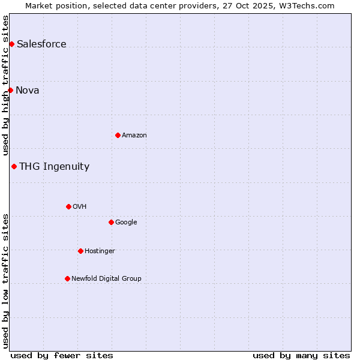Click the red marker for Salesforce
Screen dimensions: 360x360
click(x=11, y=44)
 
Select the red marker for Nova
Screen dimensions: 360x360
click(x=10, y=90)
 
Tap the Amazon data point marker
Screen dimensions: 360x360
click(x=118, y=135)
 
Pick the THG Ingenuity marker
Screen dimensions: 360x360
click(x=14, y=166)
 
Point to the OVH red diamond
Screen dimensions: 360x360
click(x=68, y=206)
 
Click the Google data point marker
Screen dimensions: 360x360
click(x=111, y=222)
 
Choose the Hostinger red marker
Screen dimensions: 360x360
click(x=80, y=251)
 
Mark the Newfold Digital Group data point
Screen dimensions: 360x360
click(x=67, y=278)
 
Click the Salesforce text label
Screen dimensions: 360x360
click(x=41, y=44)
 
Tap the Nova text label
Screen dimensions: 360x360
click(x=28, y=90)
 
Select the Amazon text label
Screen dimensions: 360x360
click(x=134, y=135)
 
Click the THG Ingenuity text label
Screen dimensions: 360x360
click(x=54, y=166)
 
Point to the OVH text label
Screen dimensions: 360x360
click(x=80, y=206)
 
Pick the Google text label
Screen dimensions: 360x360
click(x=126, y=222)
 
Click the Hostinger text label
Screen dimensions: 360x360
click(x=100, y=251)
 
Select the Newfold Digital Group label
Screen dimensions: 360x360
click(x=106, y=278)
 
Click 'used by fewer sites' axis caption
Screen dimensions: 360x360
click(x=62, y=355)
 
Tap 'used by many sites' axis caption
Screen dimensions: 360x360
click(x=301, y=355)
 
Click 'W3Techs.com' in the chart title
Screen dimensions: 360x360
click(x=309, y=5)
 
